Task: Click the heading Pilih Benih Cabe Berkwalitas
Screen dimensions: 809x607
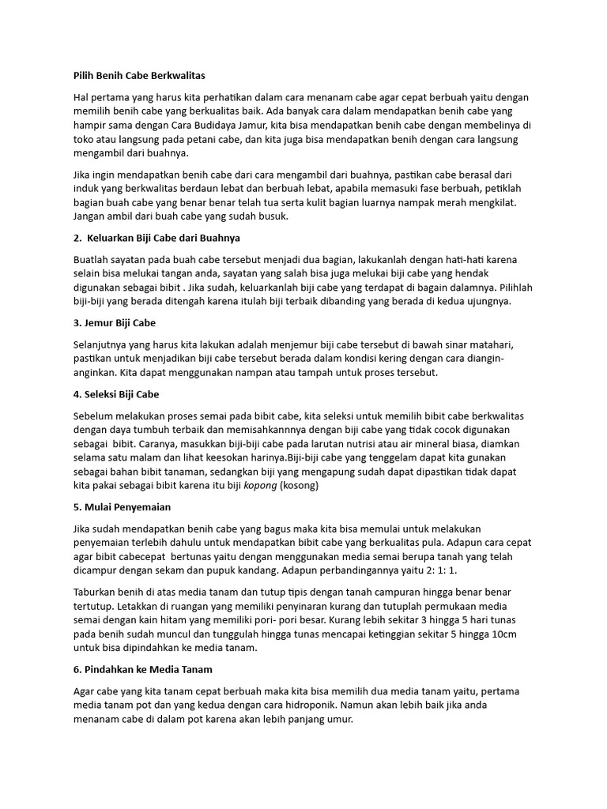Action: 138,76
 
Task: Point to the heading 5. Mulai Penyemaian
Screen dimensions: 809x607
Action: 122,506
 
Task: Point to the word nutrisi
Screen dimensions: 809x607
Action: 364,444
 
